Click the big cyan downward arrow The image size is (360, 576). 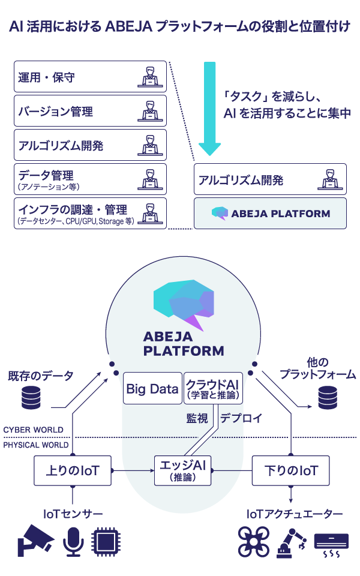[210, 108]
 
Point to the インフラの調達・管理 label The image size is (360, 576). [73, 209]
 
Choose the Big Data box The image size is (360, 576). [152, 389]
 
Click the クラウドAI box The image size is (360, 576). [212, 388]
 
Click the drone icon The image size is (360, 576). [254, 541]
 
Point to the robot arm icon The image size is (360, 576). [291, 541]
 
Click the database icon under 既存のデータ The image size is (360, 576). [34, 398]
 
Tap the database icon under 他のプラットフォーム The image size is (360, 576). [327, 398]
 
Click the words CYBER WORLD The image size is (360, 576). [33, 430]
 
